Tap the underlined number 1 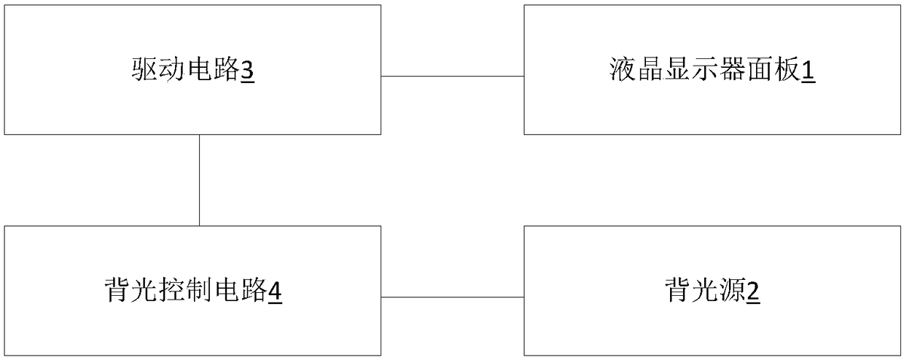point(808,71)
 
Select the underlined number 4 point(275,292)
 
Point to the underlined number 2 point(753,292)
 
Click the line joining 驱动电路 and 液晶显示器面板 point(452,76)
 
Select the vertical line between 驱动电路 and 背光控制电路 point(200,180)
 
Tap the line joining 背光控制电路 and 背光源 point(452,297)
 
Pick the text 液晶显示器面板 point(705,71)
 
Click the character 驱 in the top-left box point(144,71)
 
